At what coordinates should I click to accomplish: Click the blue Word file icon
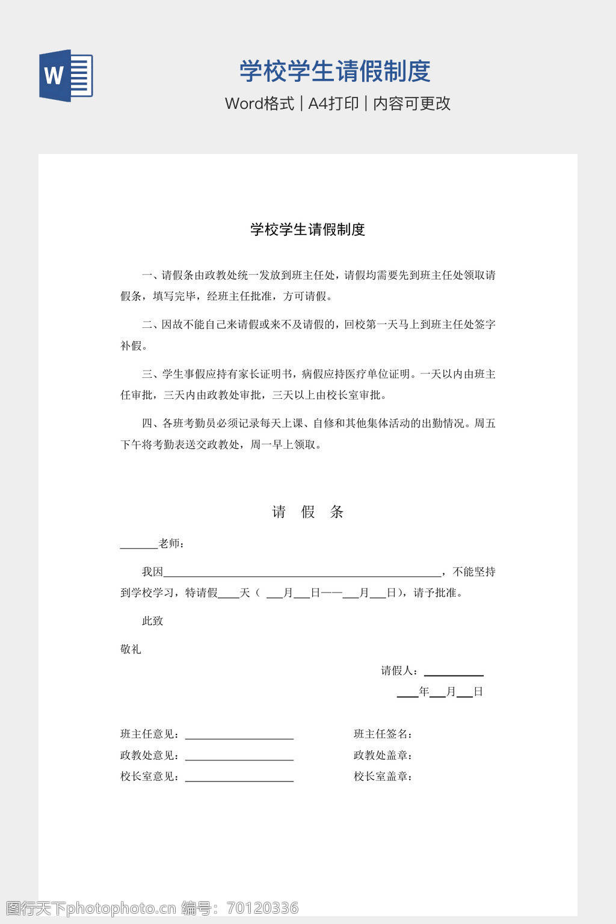66,75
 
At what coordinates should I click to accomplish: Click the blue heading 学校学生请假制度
335,71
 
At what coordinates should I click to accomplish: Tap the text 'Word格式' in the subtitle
259,103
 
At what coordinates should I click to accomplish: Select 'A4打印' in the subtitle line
333,103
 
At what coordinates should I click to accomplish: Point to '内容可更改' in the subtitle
411,103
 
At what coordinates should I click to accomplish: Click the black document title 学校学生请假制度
307,229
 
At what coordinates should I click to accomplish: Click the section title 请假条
307,512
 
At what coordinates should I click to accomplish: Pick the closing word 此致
152,621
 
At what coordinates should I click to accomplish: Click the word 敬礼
131,649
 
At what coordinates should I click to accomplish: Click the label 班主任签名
382,734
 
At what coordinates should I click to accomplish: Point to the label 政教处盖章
382,755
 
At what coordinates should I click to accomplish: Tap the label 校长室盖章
382,776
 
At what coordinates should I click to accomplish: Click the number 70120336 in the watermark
262,908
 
